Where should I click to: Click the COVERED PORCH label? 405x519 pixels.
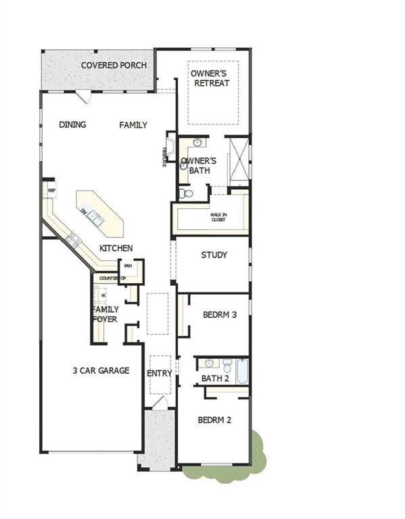[x=105, y=66]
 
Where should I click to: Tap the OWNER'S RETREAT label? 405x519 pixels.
[x=210, y=78]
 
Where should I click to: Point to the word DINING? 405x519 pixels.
[x=72, y=124]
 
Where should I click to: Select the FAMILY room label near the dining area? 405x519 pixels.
[x=133, y=125]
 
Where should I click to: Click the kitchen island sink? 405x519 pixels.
[x=97, y=217]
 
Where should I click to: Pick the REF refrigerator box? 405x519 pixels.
[x=51, y=191]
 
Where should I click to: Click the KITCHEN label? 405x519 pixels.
[x=116, y=249]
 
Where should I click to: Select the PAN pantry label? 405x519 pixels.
[x=127, y=266]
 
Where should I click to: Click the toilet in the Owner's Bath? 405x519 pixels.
[x=187, y=194]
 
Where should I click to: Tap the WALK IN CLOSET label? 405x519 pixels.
[x=218, y=216]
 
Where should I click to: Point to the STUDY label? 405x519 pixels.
[x=214, y=255]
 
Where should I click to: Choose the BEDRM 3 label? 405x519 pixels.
[x=220, y=314]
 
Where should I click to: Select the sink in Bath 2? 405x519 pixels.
[x=210, y=364]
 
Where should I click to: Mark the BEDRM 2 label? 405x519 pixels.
[x=214, y=420]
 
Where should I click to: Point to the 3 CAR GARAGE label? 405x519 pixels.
[x=101, y=370]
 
